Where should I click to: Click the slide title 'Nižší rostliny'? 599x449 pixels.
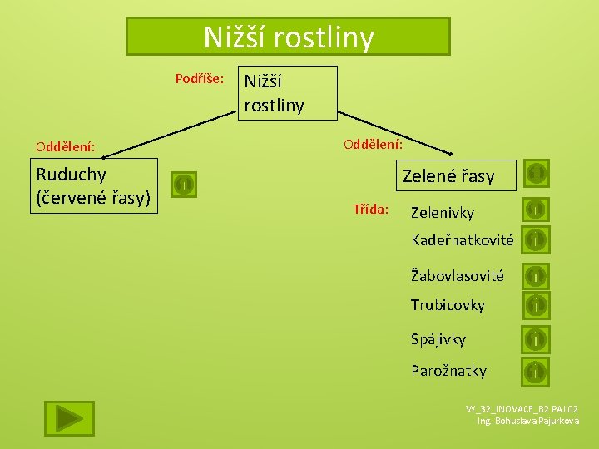pyautogui.click(x=288, y=37)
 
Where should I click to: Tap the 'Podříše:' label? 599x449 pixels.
pyautogui.click(x=199, y=79)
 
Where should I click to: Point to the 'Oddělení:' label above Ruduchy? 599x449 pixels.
pyautogui.click(x=65, y=147)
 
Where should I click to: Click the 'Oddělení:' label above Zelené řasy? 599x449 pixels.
pyautogui.click(x=374, y=143)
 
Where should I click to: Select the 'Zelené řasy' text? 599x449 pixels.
pyautogui.click(x=448, y=176)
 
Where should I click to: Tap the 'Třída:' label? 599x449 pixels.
pyautogui.click(x=370, y=209)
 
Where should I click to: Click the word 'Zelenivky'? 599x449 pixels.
pyautogui.click(x=443, y=213)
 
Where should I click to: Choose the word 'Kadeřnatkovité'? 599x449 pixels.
pyautogui.click(x=463, y=240)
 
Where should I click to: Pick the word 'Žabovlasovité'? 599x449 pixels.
pyautogui.click(x=457, y=275)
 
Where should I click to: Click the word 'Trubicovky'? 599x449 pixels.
pyautogui.click(x=448, y=305)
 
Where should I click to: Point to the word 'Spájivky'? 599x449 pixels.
pyautogui.click(x=438, y=339)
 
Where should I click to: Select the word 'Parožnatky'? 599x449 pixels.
pyautogui.click(x=448, y=371)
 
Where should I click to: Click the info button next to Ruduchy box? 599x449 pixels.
pyautogui.click(x=184, y=184)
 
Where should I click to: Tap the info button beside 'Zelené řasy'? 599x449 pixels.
pyautogui.click(x=537, y=173)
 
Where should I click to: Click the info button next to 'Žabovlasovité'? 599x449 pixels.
pyautogui.click(x=537, y=274)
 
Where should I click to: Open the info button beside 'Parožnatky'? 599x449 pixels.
pyautogui.click(x=537, y=371)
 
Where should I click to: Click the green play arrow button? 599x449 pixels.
pyautogui.click(x=69, y=417)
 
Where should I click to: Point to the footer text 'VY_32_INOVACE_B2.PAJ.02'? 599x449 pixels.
pyautogui.click(x=522, y=409)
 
